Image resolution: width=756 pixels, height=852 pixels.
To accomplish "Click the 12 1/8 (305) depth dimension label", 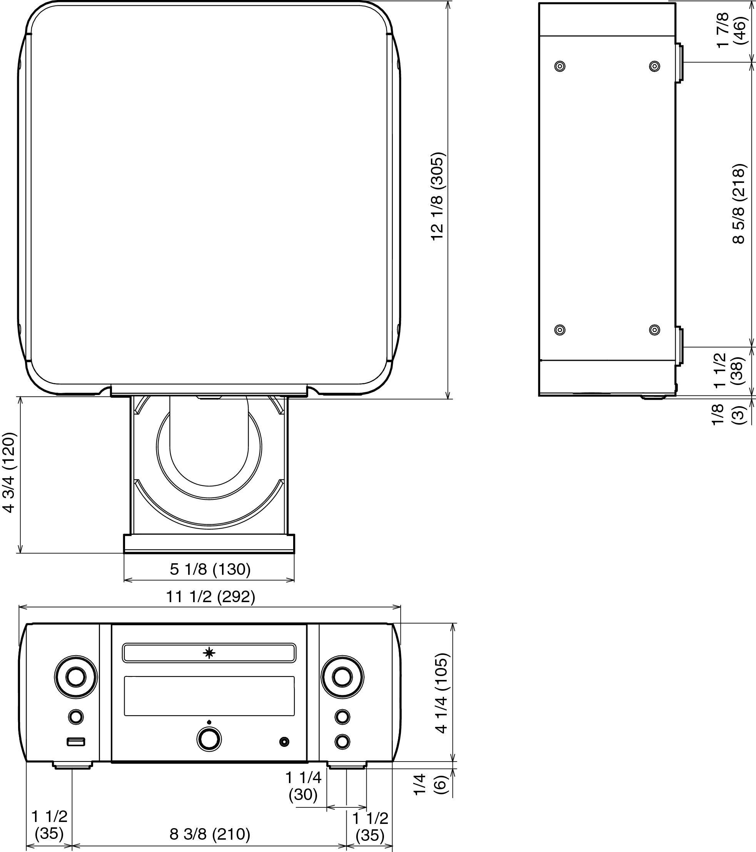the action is click(438, 196).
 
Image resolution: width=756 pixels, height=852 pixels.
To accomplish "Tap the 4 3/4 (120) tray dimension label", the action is click(9, 472).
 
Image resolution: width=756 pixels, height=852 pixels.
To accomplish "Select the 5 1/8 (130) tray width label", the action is click(210, 569).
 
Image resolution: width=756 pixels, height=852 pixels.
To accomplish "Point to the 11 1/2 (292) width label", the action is click(211, 596).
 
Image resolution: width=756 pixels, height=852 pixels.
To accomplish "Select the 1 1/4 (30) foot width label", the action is click(303, 786).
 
